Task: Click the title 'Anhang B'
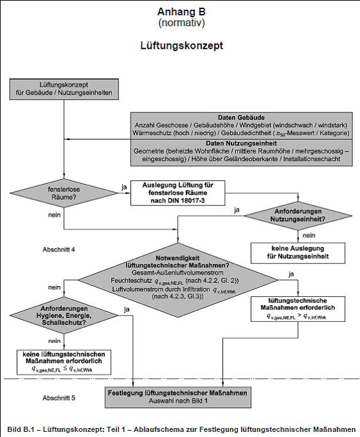coord(180,12)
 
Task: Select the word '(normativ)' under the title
coord(180,23)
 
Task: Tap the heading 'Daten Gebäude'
coord(240,118)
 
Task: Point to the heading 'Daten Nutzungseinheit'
coord(240,143)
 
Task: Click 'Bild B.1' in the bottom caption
coord(21,429)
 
